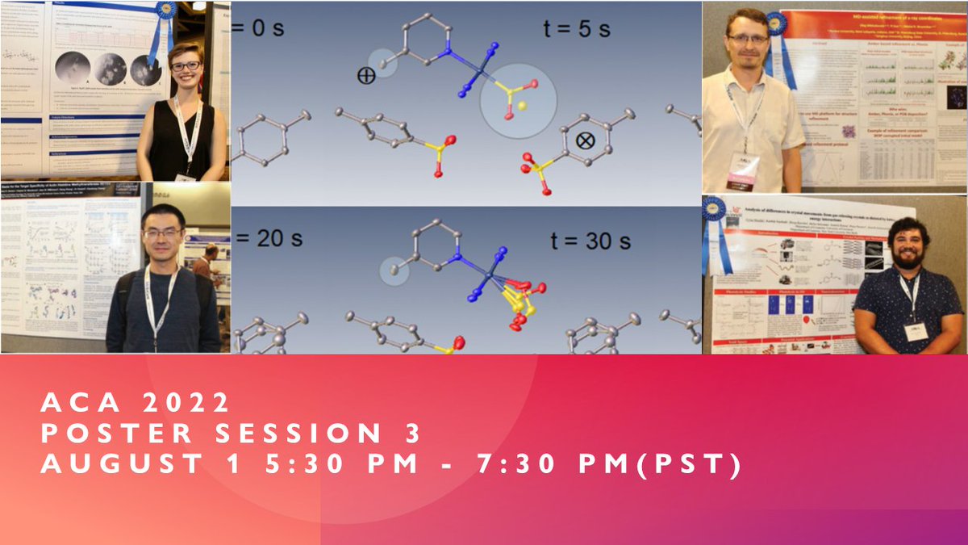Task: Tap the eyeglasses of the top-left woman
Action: [185, 65]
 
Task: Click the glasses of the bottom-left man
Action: [162, 233]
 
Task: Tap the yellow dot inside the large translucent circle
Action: [522, 106]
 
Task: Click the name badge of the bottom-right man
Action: [916, 332]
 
